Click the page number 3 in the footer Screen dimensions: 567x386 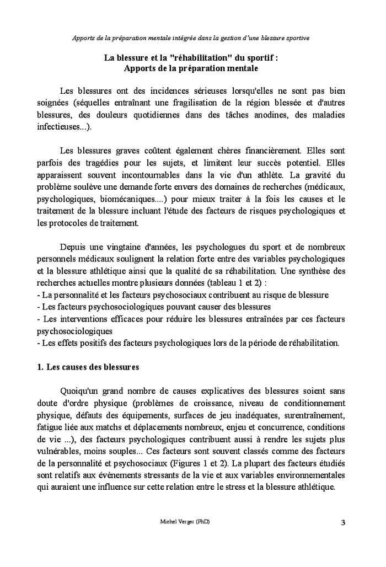[343, 522]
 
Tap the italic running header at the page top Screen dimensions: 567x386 [191, 38]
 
